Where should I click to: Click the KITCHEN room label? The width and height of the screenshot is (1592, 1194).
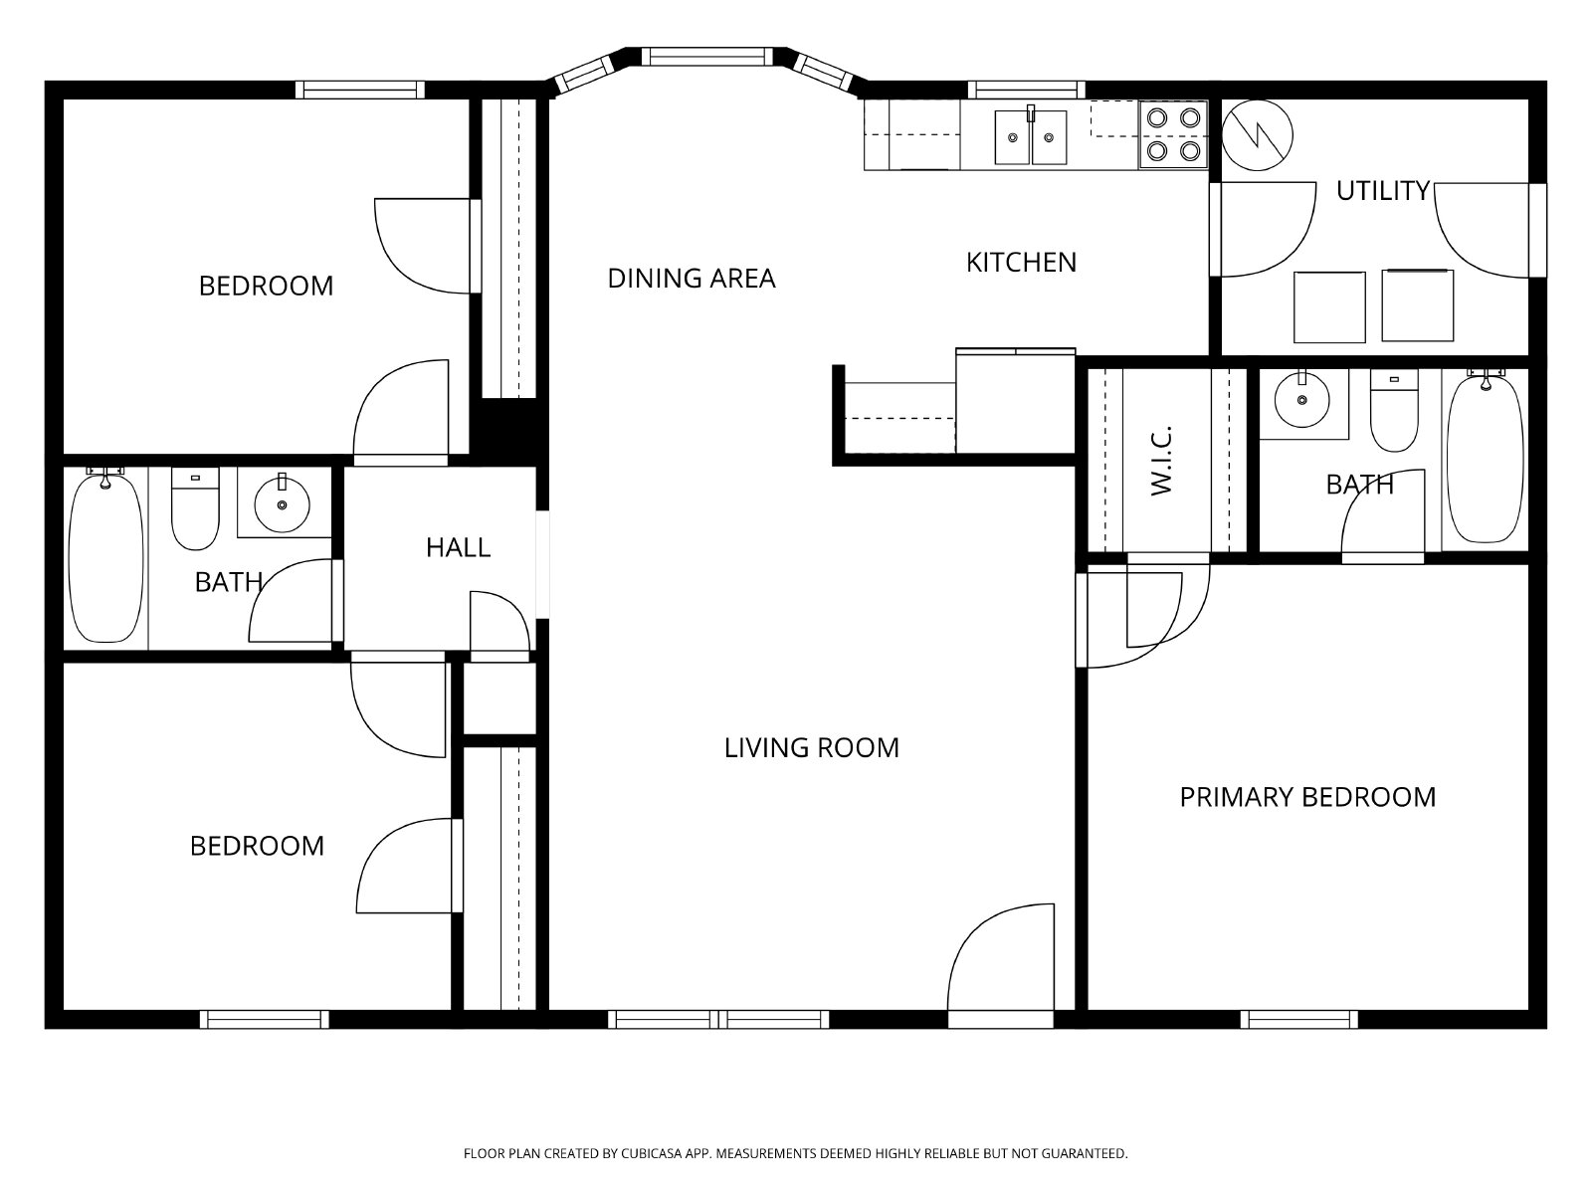click(x=1021, y=263)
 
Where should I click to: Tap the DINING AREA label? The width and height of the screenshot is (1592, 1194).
click(x=692, y=279)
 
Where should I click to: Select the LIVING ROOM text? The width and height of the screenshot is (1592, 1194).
click(x=812, y=747)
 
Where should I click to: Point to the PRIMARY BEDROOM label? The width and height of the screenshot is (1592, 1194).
click(x=1307, y=797)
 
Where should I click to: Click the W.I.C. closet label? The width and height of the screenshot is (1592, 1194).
click(x=1162, y=461)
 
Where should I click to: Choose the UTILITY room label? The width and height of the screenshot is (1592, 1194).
click(x=1382, y=191)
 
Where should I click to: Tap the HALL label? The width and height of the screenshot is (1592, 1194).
click(x=459, y=547)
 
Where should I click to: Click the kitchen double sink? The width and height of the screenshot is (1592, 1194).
click(x=1031, y=136)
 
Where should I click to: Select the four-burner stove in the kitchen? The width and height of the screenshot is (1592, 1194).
click(x=1173, y=134)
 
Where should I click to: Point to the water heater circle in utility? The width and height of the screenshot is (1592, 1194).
click(x=1258, y=135)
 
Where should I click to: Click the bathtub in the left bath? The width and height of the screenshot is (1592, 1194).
click(x=105, y=555)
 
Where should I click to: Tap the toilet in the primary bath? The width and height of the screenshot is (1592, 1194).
click(x=1394, y=411)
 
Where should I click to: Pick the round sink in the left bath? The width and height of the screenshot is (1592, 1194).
click(x=283, y=503)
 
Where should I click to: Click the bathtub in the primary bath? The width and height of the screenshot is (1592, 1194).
click(x=1487, y=456)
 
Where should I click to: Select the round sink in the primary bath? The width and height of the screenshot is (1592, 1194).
click(x=1302, y=398)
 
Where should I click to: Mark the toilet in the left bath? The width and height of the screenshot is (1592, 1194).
click(x=195, y=508)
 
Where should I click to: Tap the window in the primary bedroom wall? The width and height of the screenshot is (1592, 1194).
click(x=1299, y=1019)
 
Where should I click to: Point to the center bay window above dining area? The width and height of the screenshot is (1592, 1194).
click(x=707, y=57)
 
